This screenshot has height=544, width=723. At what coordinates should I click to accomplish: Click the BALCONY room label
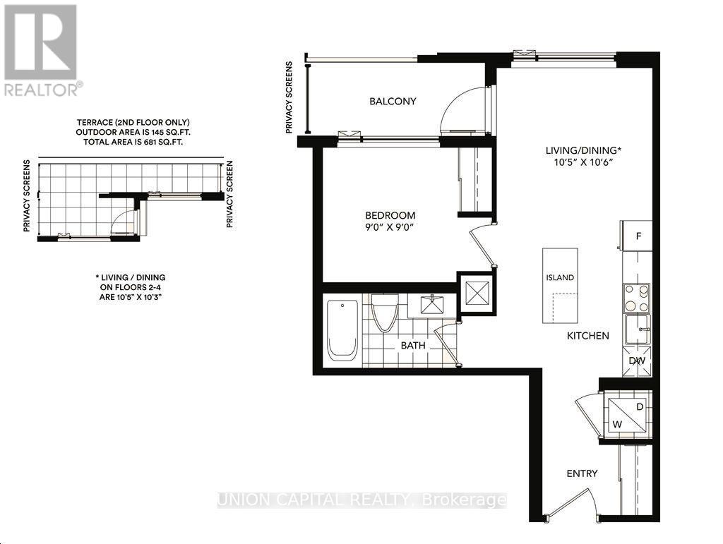click(393, 101)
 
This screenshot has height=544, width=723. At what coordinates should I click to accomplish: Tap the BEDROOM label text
click(390, 215)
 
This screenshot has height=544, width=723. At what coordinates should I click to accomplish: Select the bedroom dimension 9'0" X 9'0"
click(390, 228)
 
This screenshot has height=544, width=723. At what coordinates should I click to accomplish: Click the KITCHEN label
click(587, 336)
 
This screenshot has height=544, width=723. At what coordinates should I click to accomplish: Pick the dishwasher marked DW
click(637, 361)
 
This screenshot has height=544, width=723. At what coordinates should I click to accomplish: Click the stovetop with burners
click(636, 298)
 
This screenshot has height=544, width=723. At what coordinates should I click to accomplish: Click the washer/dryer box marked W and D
click(626, 415)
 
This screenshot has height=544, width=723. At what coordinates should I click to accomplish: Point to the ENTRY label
click(581, 473)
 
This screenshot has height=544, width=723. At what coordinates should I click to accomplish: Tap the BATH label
click(412, 346)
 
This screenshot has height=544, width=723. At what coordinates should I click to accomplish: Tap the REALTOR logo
click(42, 49)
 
